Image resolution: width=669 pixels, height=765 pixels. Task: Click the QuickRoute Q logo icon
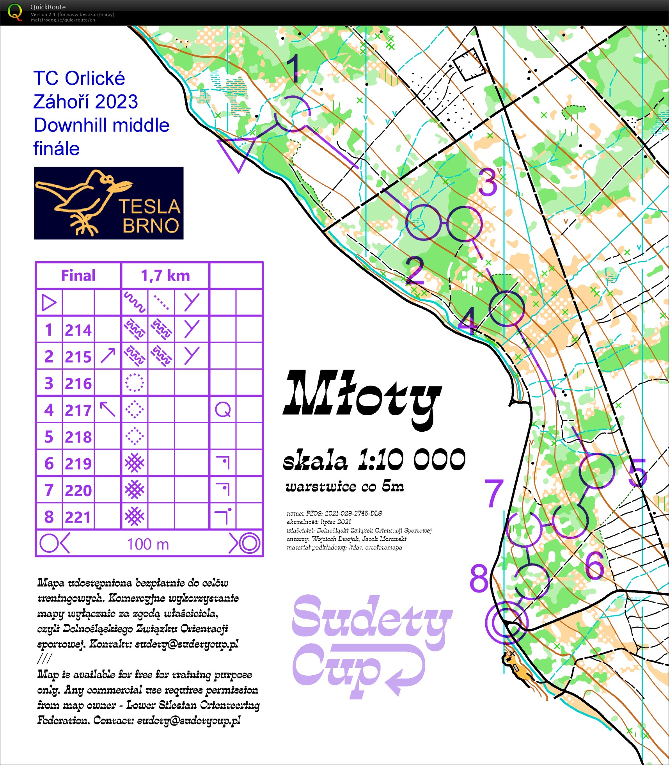[x=15, y=12]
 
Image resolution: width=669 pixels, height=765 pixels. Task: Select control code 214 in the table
[x=78, y=330]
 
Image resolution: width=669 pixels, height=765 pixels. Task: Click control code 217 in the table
[x=78, y=410]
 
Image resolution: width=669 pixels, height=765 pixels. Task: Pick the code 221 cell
[x=78, y=517]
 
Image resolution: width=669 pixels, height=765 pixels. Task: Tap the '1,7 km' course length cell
[x=165, y=276]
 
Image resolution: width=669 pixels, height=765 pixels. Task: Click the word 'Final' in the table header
[x=78, y=276]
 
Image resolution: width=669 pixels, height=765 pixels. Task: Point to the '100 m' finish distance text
[x=148, y=544]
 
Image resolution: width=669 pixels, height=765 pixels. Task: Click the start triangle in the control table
[x=49, y=302]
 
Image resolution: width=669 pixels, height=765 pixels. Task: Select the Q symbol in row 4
[x=223, y=410]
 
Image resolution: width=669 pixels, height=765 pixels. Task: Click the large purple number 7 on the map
[x=494, y=494]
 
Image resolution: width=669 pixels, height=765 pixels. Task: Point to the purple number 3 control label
[x=488, y=182]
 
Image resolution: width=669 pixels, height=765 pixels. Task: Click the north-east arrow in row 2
[x=108, y=356]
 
